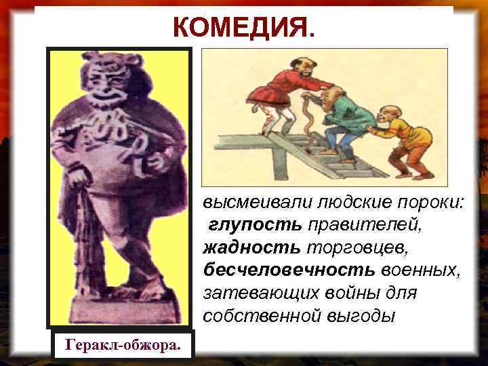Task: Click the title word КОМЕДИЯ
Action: (243, 28)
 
